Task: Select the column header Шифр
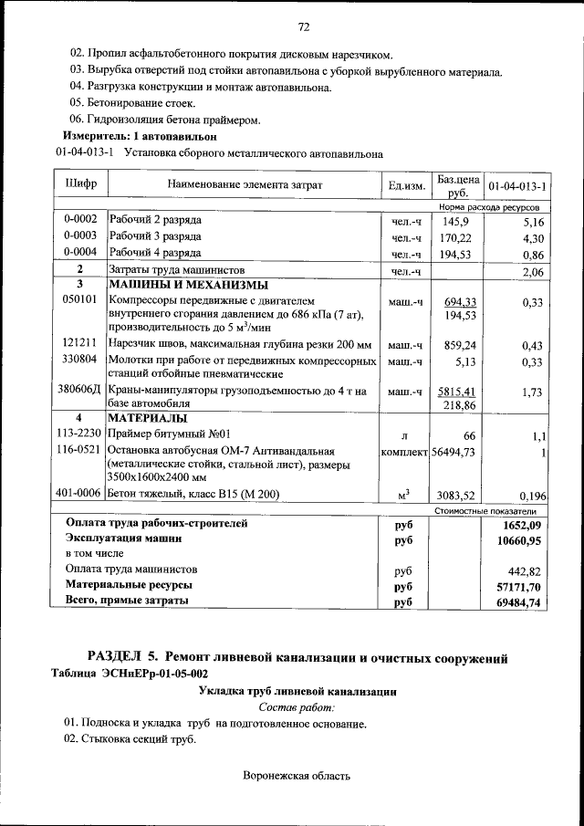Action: click(x=80, y=184)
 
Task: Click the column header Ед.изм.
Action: click(x=407, y=186)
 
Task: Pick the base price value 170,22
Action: click(x=454, y=237)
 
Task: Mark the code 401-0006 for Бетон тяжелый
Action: click(x=80, y=495)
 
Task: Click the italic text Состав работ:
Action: click(x=297, y=707)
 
